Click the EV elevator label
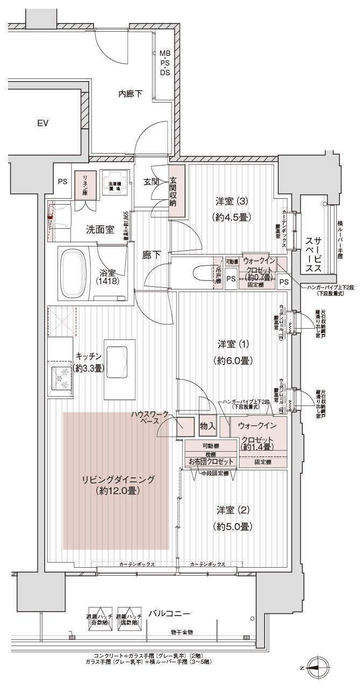point(43,123)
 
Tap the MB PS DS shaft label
point(164,63)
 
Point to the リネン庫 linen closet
point(84,185)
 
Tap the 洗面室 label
point(100,229)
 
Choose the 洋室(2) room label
point(233,517)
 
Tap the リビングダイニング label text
point(118,484)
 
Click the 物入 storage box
point(207,426)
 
